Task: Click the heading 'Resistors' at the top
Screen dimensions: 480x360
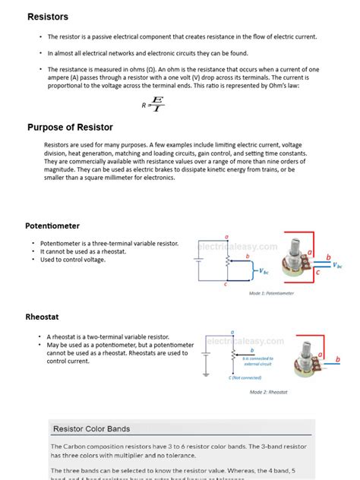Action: tap(48, 17)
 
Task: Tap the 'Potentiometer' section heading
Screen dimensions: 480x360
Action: tap(52, 226)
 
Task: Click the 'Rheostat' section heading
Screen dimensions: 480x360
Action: tap(43, 318)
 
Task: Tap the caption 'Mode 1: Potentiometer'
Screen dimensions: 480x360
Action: tap(271, 292)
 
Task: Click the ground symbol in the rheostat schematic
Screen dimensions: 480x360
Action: tap(204, 374)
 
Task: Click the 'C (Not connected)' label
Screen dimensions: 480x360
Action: tap(245, 377)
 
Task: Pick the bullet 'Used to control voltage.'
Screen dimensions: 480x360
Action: tap(73, 260)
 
